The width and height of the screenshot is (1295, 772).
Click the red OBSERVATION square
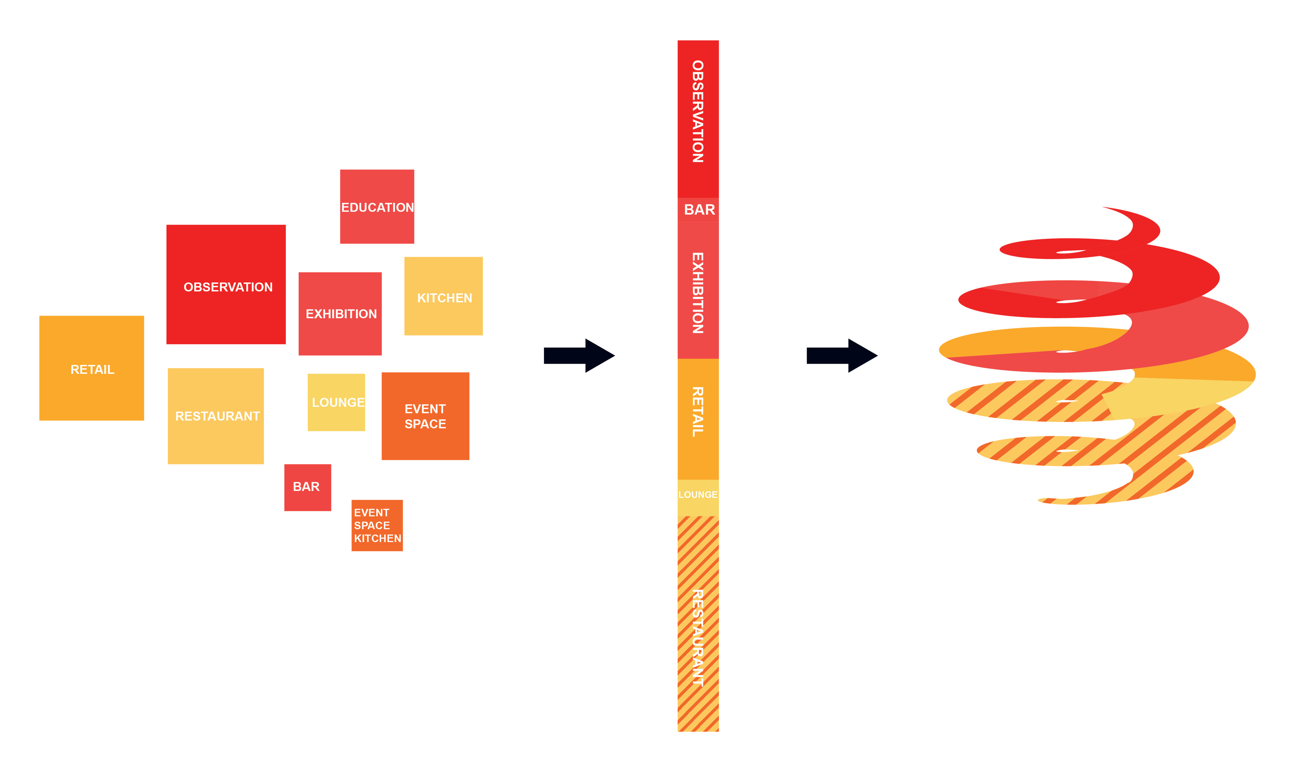[226, 284]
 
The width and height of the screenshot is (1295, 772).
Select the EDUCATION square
[377, 206]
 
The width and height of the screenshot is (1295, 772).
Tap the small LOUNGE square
[336, 402]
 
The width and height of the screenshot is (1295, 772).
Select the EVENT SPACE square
[425, 416]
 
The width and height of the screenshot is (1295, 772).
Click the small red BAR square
[307, 488]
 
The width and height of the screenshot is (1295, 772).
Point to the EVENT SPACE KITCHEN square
[377, 525]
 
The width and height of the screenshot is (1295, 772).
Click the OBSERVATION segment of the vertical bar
[698, 119]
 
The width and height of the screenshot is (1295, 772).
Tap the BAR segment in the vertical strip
[698, 210]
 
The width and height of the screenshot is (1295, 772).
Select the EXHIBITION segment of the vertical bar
[698, 290]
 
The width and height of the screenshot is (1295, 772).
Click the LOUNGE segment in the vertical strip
[698, 497]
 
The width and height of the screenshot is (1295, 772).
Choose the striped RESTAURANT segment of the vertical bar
[698, 624]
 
